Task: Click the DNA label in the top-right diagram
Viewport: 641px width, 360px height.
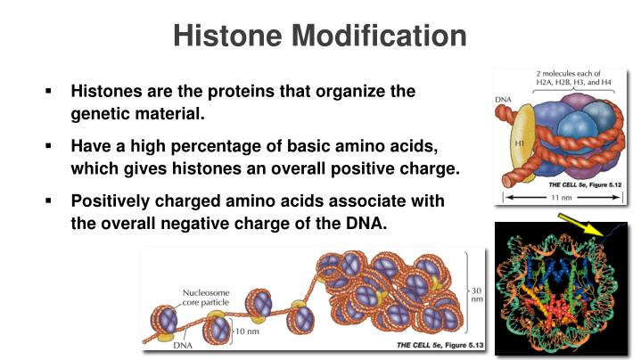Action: [x=503, y=98]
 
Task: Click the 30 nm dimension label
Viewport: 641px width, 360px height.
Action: [x=478, y=296]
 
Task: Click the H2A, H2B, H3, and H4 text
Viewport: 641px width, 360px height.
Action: [x=574, y=82]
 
